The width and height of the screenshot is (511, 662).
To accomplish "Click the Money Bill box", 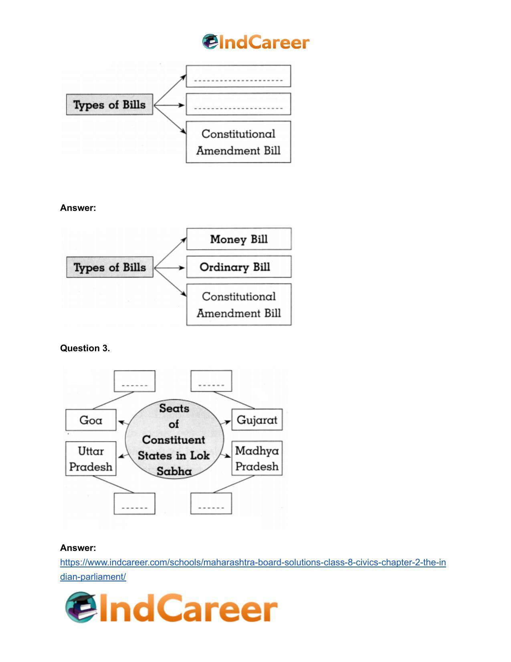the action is (239, 239).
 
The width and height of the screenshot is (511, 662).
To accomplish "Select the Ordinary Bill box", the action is (239, 267).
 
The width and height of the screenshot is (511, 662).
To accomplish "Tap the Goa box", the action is (91, 420).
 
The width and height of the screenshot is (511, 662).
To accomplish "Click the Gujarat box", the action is (257, 419).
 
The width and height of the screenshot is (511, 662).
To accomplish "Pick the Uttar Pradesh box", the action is (91, 458).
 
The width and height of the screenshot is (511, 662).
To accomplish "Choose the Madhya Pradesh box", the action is (257, 458).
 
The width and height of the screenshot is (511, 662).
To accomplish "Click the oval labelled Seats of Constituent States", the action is (174, 439).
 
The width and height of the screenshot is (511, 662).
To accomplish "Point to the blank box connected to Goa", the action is (135, 381).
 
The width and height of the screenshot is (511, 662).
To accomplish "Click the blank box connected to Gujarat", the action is (211, 381).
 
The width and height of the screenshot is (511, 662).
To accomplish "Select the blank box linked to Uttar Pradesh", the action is (135, 504).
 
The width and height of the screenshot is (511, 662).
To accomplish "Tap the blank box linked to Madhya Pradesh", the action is (211, 503).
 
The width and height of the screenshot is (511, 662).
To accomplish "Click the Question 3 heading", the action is (85, 348).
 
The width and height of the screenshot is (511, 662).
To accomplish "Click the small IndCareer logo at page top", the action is (256, 42).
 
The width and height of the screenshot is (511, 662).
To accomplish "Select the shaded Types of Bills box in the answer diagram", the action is (110, 267).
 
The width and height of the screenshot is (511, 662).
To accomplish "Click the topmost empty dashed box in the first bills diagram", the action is (238, 76).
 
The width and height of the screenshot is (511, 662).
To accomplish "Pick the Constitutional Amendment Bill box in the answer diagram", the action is (239, 305).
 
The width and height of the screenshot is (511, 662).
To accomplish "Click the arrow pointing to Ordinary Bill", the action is (169, 268).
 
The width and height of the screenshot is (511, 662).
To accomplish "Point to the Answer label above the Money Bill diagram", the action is (78, 208).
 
